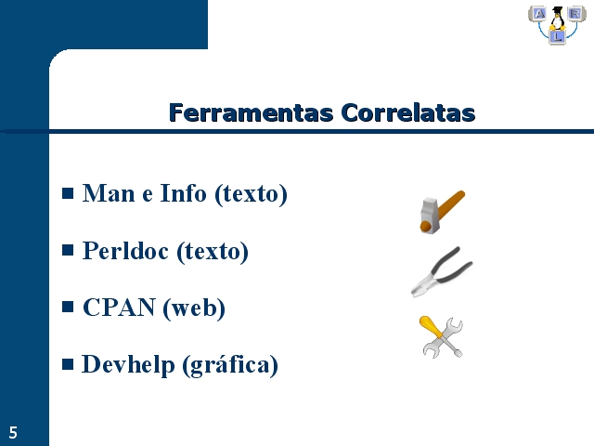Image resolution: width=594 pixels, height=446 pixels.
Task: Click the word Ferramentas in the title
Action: point(251,112)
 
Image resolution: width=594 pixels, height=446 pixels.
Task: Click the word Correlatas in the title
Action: point(408,112)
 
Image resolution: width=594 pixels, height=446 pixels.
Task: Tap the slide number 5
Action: point(13,433)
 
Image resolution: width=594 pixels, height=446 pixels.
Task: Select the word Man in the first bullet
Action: point(109,193)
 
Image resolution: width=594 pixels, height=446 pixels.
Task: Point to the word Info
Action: point(183,193)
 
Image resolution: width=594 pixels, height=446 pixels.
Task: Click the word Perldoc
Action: point(125,251)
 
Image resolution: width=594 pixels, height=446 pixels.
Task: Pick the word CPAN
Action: point(119,308)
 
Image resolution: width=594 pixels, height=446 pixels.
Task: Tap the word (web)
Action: point(194,308)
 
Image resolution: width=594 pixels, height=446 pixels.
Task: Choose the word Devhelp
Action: point(128,365)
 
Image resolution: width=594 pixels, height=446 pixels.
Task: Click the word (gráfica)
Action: point(230,365)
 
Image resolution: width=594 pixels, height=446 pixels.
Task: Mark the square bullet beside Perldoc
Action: point(68,250)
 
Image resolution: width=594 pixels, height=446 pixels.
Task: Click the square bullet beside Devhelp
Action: point(68,364)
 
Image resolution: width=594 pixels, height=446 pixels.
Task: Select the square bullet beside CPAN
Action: point(68,307)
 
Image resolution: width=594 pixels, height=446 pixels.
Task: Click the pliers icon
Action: point(442,271)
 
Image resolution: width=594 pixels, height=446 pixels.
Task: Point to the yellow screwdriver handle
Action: point(431,326)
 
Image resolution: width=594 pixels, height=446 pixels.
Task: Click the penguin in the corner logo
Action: point(557,19)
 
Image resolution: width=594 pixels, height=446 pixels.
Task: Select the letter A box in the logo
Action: point(539,14)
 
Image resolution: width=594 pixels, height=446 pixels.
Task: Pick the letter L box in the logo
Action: point(557,37)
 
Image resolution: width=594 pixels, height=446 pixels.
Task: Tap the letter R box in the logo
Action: point(575,14)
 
